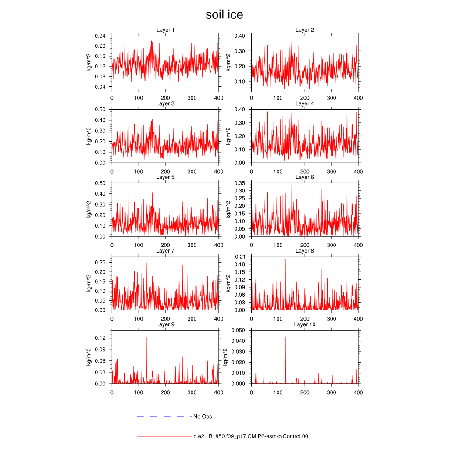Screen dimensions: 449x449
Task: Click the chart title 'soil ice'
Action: (224, 15)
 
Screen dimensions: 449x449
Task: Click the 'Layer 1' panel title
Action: (165, 30)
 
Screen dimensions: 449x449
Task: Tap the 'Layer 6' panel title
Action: (304, 177)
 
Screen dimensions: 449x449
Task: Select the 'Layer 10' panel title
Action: (304, 324)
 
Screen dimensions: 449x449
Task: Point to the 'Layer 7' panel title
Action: (165, 251)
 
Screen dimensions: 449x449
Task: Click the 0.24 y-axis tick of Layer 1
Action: (100, 36)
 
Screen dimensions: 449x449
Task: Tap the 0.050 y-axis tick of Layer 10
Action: (238, 330)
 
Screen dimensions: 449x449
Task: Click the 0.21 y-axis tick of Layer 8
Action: (240, 257)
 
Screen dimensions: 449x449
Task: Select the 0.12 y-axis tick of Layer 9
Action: (100, 338)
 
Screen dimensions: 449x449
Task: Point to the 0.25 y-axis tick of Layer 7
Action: (100, 262)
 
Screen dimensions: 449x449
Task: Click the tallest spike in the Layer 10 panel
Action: (286, 337)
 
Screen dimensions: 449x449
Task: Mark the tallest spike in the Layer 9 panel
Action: (146, 337)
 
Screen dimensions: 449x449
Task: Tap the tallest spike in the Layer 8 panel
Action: (286, 259)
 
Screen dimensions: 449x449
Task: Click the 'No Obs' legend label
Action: (202, 417)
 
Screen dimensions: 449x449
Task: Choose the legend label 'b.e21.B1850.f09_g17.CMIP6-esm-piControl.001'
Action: (252, 437)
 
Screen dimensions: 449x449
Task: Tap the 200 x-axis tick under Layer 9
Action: (165, 392)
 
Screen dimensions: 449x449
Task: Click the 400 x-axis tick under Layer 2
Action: (358, 98)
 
